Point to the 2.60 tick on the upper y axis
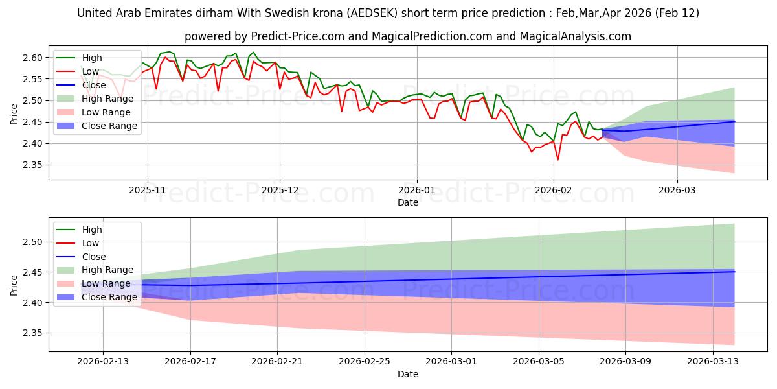(32, 58)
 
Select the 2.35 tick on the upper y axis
(32, 165)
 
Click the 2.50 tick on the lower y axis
(32, 242)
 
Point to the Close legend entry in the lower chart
(94, 257)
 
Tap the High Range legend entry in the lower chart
(107, 270)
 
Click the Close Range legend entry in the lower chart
(109, 297)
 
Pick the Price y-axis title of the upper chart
(15, 113)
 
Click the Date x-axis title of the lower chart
(407, 374)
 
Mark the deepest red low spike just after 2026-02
(557, 159)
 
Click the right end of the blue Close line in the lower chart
(734, 272)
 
